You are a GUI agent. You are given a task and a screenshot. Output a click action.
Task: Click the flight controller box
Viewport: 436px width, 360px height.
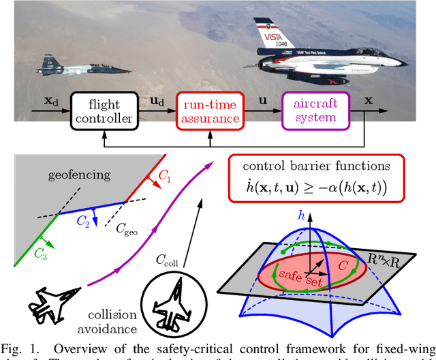[x=104, y=110]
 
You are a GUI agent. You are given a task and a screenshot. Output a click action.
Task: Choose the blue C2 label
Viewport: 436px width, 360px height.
[x=82, y=220]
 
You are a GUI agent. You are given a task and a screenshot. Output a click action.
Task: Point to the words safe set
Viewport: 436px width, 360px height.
[x=297, y=272]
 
